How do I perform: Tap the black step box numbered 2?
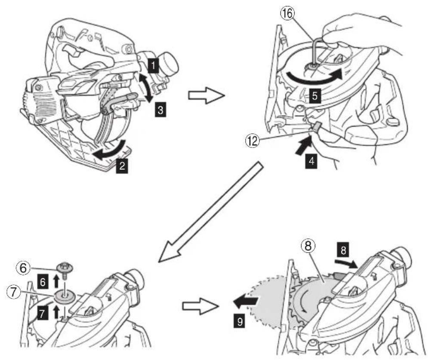click(x=122, y=166)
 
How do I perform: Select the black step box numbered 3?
click(x=160, y=110)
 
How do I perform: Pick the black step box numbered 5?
click(x=315, y=96)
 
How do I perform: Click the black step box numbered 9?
click(x=240, y=321)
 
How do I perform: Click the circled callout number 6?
click(x=23, y=268)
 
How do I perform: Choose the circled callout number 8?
click(x=308, y=246)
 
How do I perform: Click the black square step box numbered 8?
click(x=343, y=250)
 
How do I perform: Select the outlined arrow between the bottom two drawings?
click(x=200, y=306)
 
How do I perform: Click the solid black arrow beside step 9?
click(x=245, y=302)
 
